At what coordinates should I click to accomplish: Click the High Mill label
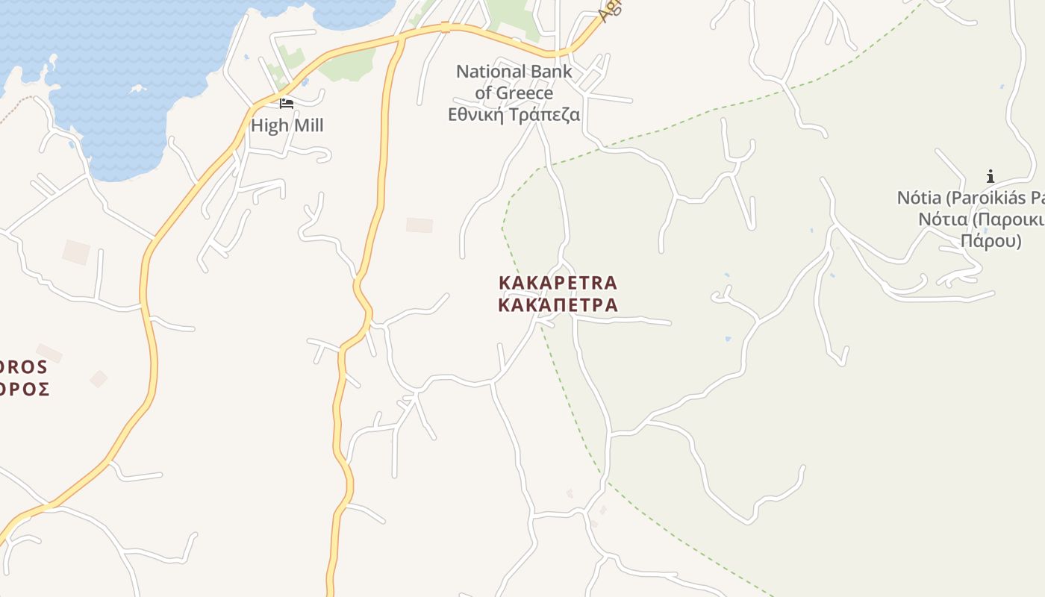click(287, 125)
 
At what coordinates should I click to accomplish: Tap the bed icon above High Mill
click(287, 103)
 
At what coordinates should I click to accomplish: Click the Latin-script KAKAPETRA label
click(558, 284)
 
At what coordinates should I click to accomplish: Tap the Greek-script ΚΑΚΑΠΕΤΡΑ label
click(558, 305)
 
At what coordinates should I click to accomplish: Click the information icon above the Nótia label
click(990, 177)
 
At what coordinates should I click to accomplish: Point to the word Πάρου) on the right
click(991, 241)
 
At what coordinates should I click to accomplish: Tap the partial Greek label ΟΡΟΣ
click(25, 389)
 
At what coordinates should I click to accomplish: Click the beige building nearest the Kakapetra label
click(419, 225)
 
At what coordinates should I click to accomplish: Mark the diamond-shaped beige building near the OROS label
click(99, 379)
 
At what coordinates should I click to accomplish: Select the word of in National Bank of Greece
click(484, 93)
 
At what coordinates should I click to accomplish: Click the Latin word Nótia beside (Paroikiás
click(918, 199)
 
